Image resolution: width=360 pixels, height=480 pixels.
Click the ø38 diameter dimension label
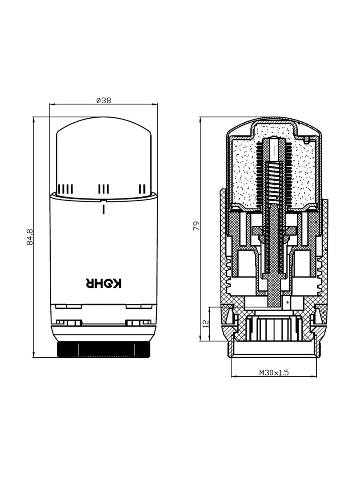click(x=104, y=100)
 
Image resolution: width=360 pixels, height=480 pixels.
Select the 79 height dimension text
click(x=196, y=226)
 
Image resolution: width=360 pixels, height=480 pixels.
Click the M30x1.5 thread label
click(x=274, y=372)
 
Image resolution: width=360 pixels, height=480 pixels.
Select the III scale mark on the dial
click(x=104, y=189)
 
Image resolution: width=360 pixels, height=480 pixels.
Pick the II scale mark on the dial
click(x=142, y=189)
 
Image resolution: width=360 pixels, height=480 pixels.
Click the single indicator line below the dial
click(x=104, y=209)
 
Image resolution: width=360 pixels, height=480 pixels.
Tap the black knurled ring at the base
click(x=104, y=349)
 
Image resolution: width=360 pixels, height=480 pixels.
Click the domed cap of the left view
click(x=104, y=156)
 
